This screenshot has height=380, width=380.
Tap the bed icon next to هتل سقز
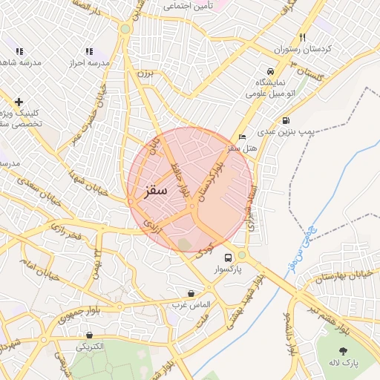(x=243, y=137)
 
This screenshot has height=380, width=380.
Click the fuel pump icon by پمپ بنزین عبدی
(x=286, y=121)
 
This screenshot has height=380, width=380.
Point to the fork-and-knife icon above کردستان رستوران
(x=303, y=37)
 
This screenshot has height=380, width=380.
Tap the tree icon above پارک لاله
(x=343, y=350)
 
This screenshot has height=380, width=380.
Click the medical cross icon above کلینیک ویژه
(x=19, y=102)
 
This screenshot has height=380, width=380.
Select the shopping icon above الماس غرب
(x=192, y=294)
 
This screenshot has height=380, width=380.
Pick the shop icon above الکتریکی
(x=90, y=335)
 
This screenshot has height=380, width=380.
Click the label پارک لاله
(x=344, y=363)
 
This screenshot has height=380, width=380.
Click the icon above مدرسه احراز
(x=89, y=51)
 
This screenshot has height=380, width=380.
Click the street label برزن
(x=145, y=74)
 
